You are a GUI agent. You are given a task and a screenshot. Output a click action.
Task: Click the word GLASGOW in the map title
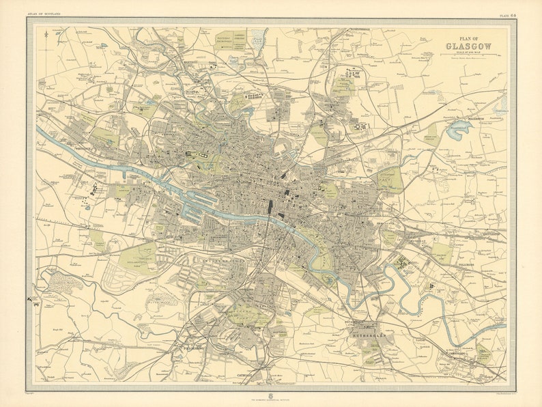pos(468,46)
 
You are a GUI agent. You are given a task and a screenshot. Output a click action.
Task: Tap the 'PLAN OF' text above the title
pos(468,39)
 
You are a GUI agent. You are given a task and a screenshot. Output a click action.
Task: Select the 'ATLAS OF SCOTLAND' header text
pos(44,13)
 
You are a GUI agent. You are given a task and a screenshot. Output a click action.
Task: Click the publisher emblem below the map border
pos(271,393)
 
